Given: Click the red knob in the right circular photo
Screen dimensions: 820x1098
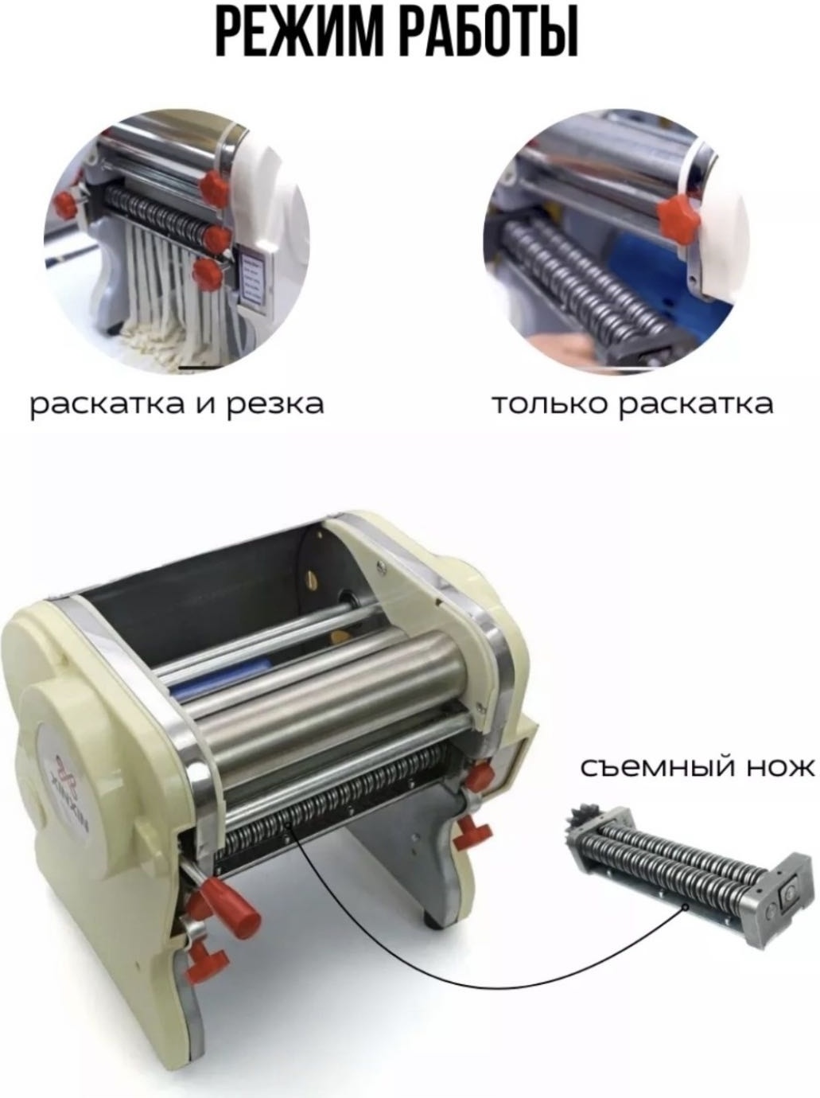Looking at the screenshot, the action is (678, 217).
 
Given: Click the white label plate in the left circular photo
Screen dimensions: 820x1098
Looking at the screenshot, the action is (256, 277).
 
